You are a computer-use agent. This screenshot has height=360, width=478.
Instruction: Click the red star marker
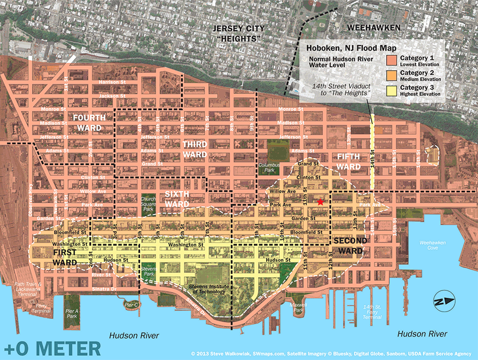[320, 202]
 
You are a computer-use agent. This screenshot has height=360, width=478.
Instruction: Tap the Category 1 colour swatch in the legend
[392, 59]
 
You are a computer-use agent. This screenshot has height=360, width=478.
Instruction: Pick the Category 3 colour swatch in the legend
[392, 90]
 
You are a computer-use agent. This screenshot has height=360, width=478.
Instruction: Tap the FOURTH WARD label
[90, 122]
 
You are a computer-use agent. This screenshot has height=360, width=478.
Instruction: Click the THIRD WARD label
[195, 149]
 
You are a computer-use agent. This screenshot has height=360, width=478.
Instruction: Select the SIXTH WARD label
[177, 199]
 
